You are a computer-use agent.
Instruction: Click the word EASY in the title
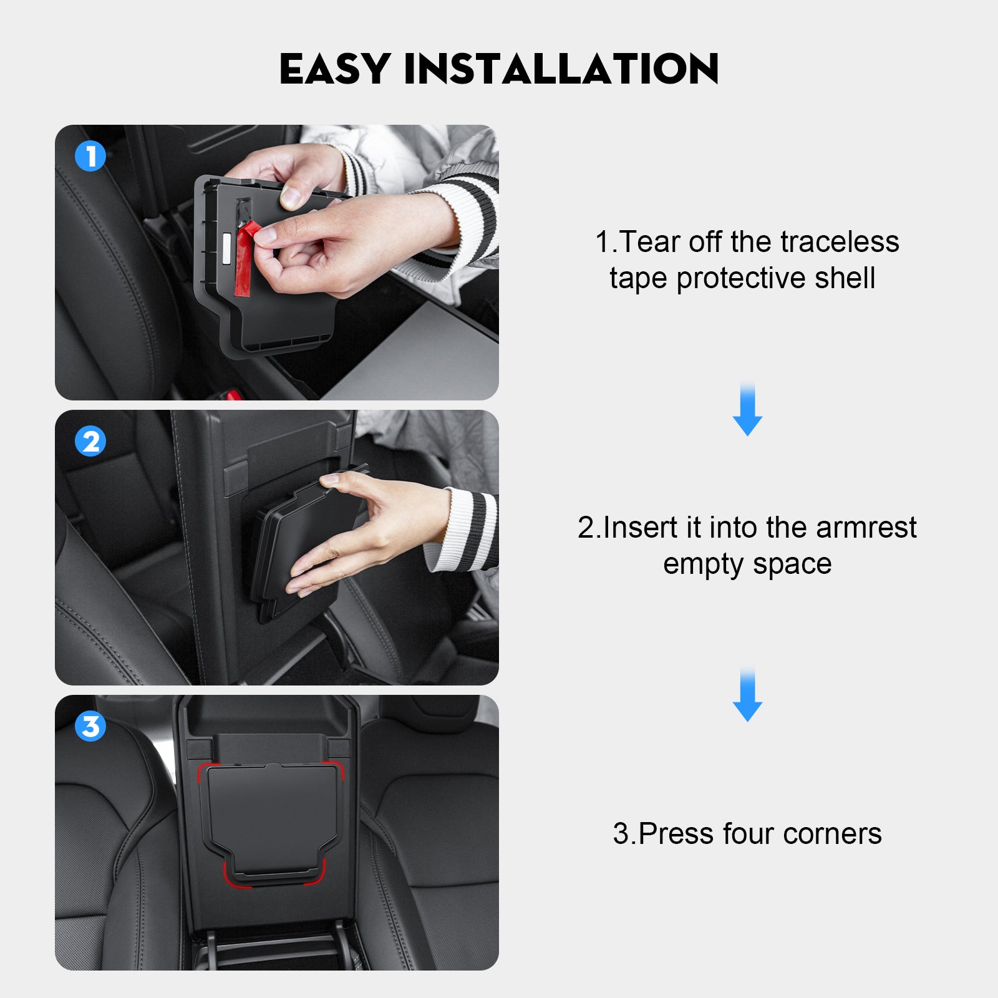click(335, 69)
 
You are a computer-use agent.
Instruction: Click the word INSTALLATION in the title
click(562, 69)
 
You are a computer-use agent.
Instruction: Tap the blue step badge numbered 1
click(90, 156)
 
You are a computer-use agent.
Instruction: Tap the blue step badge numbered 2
click(90, 441)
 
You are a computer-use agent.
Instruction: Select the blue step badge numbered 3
click(90, 726)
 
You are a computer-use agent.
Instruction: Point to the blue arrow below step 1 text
click(747, 409)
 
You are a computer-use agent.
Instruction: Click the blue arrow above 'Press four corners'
click(747, 694)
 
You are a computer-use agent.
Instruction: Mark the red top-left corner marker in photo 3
click(206, 771)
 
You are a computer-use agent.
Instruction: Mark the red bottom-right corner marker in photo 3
click(317, 875)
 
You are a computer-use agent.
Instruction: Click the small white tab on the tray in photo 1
click(225, 246)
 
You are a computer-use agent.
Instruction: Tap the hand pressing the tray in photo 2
click(368, 530)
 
